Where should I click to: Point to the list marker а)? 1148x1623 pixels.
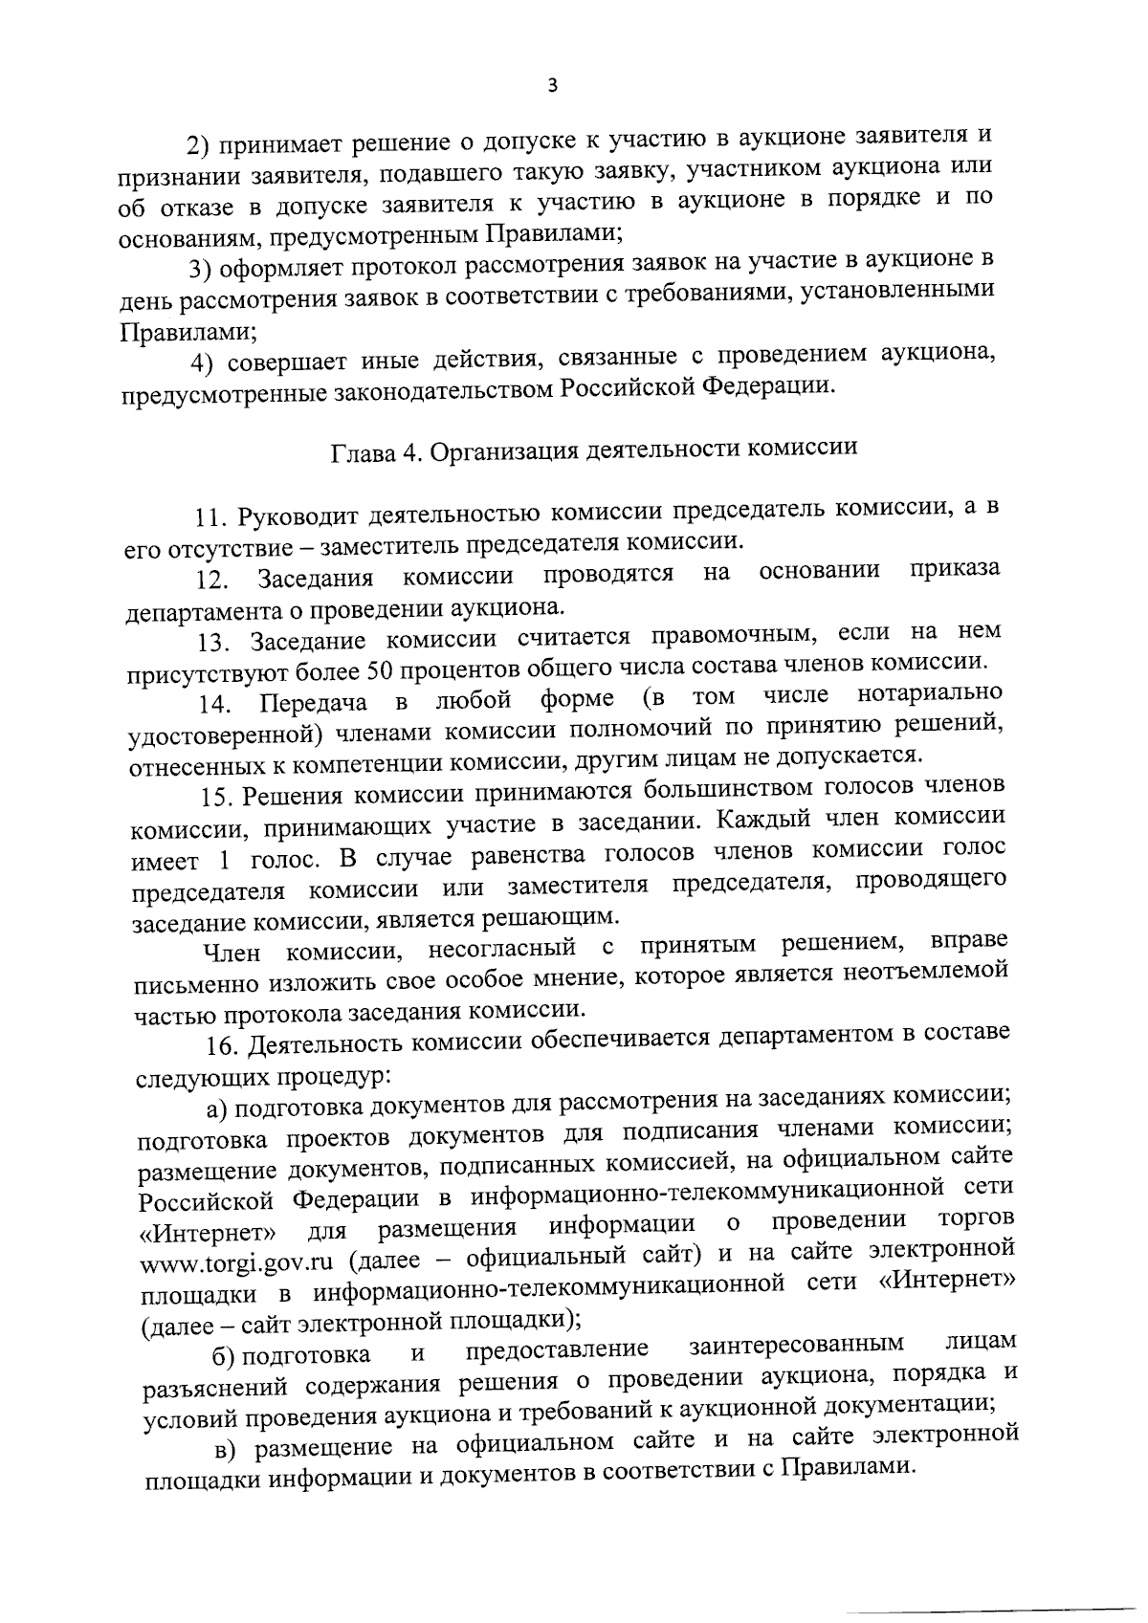pos(216,1108)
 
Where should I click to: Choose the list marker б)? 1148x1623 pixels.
pos(224,1356)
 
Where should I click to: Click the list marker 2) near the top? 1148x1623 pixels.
pos(197,145)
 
